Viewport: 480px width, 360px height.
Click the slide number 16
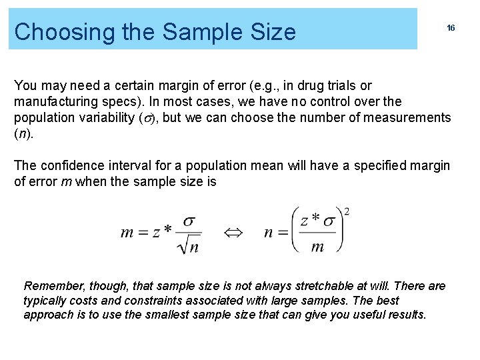click(x=451, y=28)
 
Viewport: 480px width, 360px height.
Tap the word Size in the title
click(x=273, y=31)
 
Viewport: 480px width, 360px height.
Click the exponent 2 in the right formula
click(x=347, y=212)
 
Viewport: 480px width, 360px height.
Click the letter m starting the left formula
click(x=127, y=232)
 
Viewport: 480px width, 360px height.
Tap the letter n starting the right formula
click(x=268, y=232)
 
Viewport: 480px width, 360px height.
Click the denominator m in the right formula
click(x=317, y=246)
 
